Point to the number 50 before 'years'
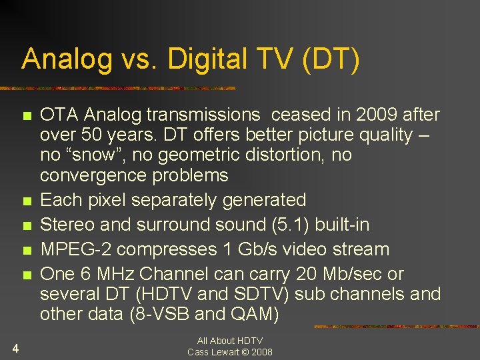click(x=85, y=135)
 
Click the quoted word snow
click(x=85, y=155)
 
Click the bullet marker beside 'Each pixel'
click(x=26, y=201)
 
